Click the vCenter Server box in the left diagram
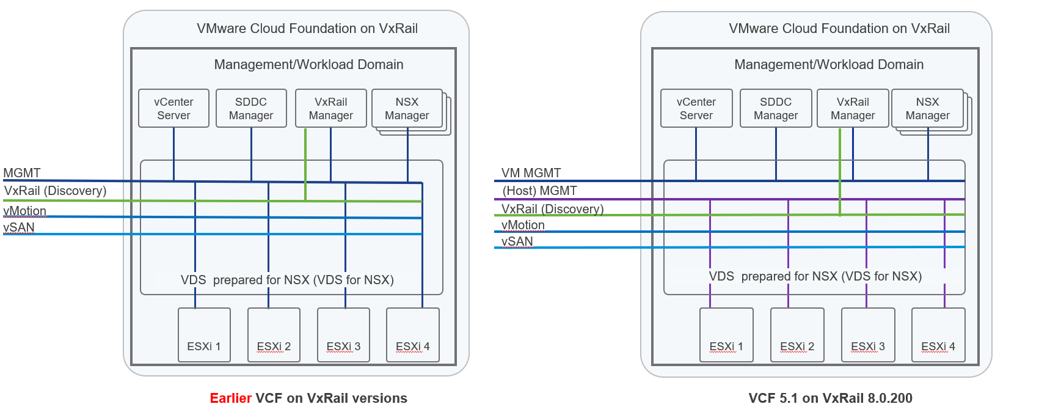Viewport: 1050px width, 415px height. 173,108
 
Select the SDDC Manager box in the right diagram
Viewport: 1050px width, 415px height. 775,108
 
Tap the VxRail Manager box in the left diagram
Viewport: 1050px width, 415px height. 330,108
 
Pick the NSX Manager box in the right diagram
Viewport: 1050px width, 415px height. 927,108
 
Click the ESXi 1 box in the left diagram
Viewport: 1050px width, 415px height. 204,334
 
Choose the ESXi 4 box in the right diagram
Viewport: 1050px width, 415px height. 938,334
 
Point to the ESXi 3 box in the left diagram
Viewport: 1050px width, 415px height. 343,334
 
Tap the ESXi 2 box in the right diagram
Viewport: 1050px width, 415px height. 797,334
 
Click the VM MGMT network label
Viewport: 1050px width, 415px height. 531,173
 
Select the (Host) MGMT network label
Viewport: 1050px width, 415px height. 539,191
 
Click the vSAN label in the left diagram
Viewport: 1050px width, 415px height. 19,227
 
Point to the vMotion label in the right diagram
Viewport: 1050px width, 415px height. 523,225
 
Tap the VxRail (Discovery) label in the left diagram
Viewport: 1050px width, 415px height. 55,191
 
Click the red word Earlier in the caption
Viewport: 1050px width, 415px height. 230,398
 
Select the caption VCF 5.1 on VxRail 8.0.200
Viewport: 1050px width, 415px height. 830,398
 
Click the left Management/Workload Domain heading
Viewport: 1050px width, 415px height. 308,64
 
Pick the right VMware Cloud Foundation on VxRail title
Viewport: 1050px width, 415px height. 839,28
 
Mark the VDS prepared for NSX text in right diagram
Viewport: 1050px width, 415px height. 815,276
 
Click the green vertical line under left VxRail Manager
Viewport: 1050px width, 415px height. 305,164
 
